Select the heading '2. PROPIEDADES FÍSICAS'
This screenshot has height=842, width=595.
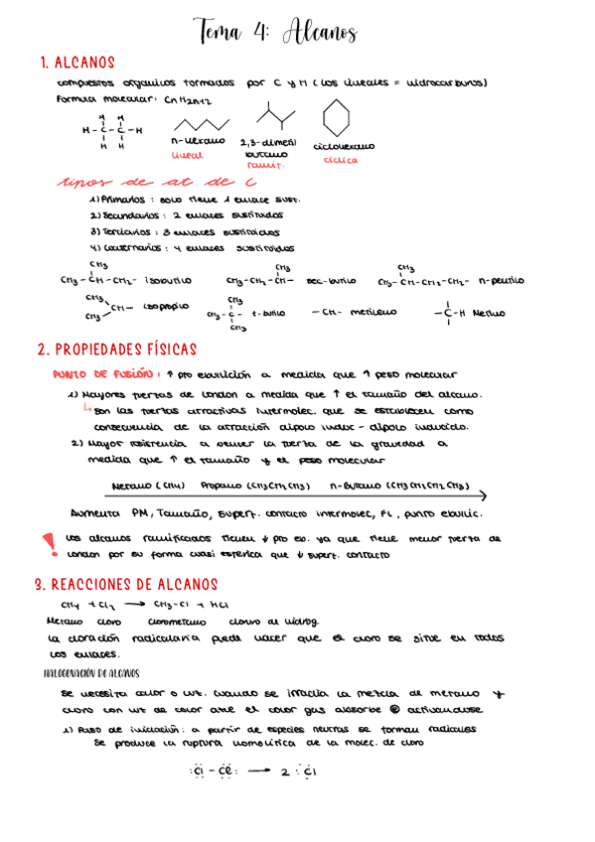coord(117,350)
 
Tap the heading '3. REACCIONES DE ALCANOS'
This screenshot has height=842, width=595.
coord(125,584)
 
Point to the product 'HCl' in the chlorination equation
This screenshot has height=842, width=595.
coord(221,604)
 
